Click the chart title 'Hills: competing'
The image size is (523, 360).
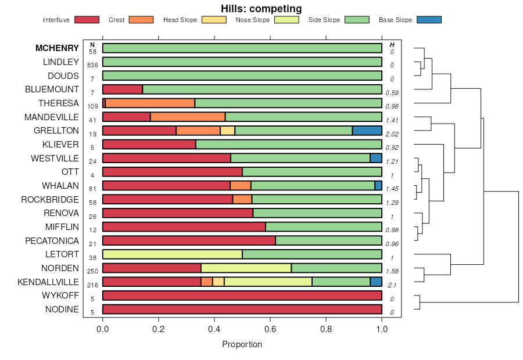(x=261, y=9)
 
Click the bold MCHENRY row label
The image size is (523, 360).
(x=57, y=48)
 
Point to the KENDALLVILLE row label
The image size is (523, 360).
(x=48, y=282)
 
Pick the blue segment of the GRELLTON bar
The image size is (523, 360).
(x=367, y=131)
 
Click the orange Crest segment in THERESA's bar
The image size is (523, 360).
(x=150, y=103)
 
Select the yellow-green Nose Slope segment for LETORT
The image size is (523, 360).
(x=172, y=254)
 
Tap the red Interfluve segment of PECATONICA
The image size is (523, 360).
(x=189, y=240)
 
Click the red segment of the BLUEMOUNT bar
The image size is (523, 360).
(x=123, y=89)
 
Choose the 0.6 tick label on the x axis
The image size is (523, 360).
(x=270, y=328)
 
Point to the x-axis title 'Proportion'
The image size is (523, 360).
(x=242, y=344)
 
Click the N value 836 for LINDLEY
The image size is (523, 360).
(x=93, y=65)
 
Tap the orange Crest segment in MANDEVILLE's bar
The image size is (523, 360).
(x=188, y=117)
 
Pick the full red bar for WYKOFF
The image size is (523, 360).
(x=242, y=296)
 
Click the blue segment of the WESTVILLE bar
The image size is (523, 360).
(x=376, y=158)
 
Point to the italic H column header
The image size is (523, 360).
(x=392, y=45)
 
